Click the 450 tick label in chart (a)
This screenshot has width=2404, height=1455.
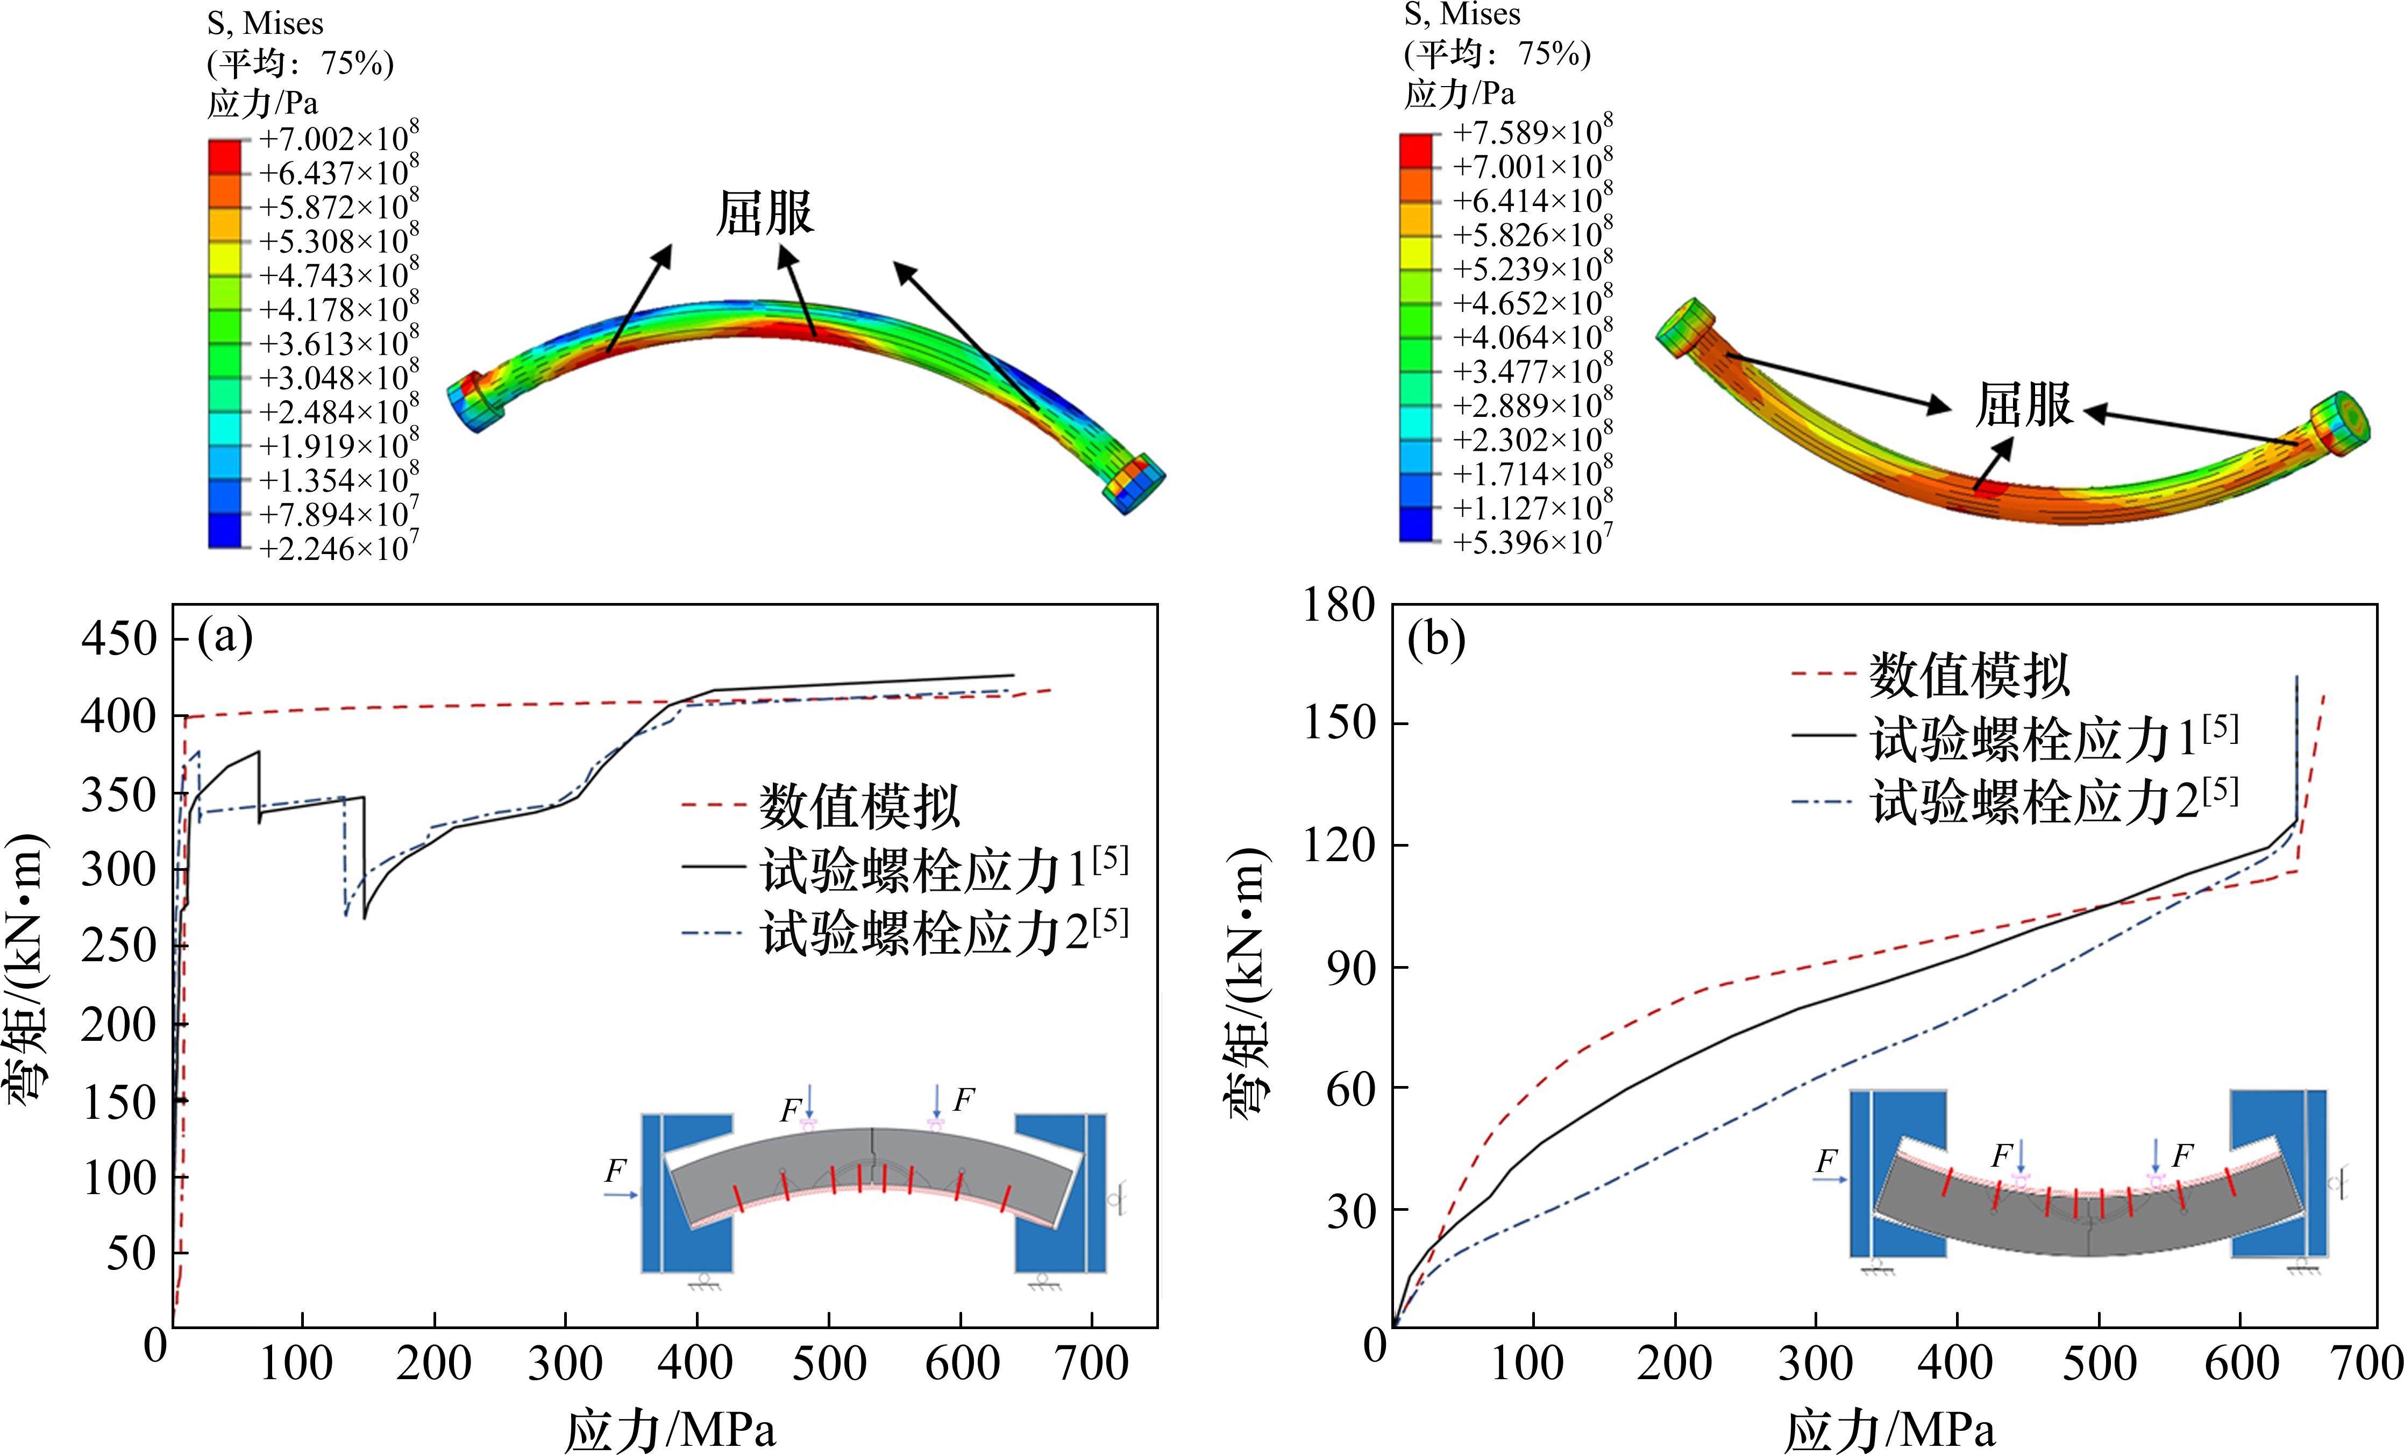coord(118,639)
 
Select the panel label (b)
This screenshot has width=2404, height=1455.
coord(1435,640)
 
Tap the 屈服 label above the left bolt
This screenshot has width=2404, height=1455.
coord(764,212)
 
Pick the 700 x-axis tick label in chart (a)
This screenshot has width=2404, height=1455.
coord(1091,1362)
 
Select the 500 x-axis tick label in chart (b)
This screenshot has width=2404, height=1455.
coord(2100,1362)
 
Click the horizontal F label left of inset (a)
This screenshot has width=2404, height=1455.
coord(615,1170)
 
